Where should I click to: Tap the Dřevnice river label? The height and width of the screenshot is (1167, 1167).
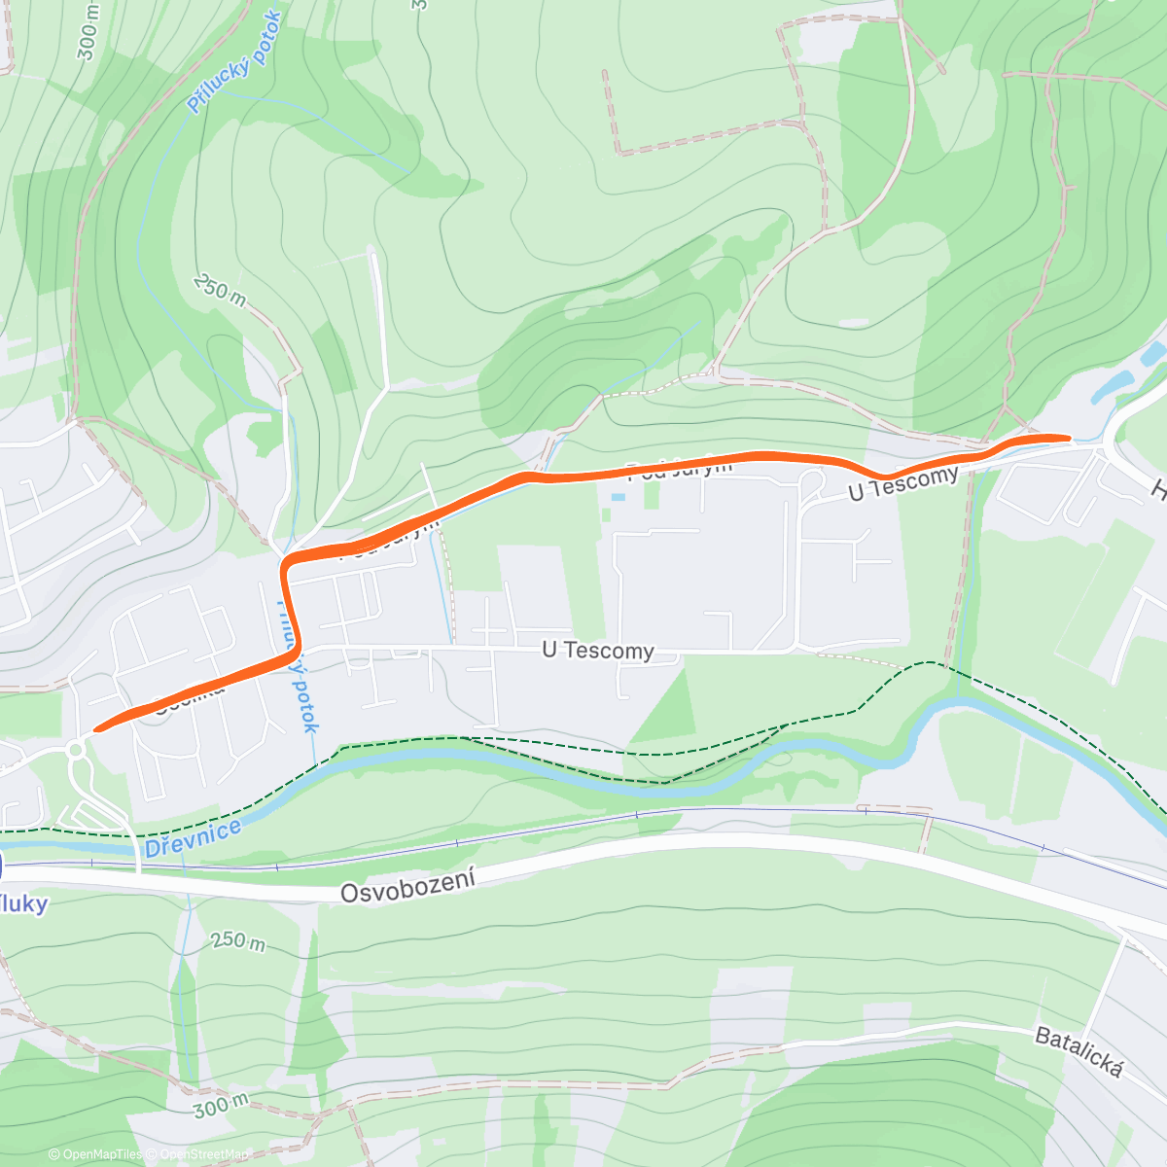(193, 838)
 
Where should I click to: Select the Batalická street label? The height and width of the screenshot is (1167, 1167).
(1079, 1052)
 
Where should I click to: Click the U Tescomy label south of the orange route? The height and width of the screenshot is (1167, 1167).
(597, 650)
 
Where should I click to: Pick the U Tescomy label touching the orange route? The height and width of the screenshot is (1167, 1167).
(902, 483)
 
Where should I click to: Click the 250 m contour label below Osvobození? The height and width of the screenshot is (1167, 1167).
(238, 941)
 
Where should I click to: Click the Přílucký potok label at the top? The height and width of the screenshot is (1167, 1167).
(233, 63)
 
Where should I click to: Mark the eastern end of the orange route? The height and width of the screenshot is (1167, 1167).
(1067, 439)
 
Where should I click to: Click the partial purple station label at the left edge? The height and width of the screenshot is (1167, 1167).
(23, 903)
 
